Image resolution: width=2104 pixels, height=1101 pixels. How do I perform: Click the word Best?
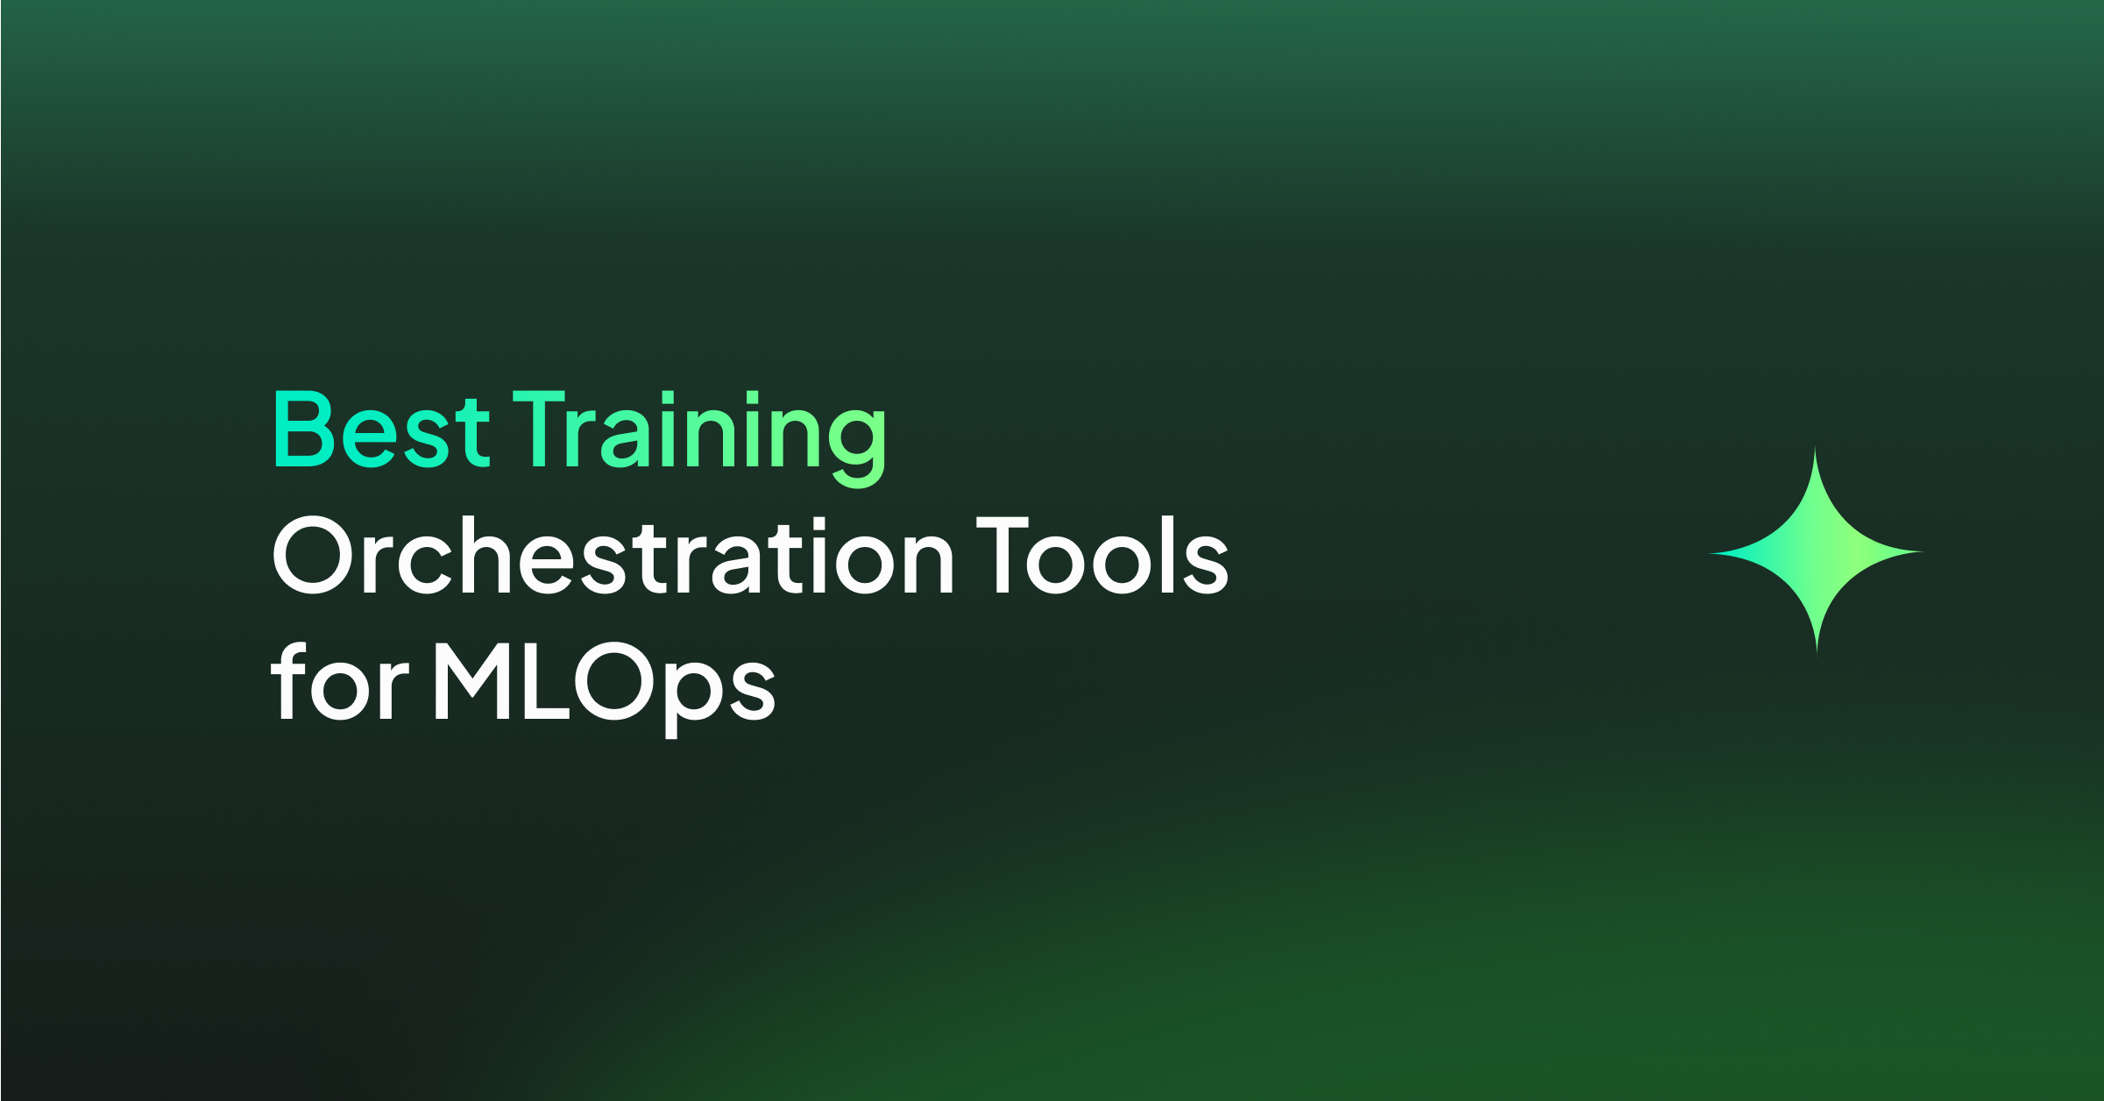coord(382,430)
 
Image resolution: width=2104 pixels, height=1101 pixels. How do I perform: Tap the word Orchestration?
coord(614,555)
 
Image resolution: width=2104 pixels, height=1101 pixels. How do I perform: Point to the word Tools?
coord(1103,555)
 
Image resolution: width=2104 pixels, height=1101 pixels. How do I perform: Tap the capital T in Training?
coord(542,430)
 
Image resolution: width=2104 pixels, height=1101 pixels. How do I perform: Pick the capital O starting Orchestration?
coord(313,555)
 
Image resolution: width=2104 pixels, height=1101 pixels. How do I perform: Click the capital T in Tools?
coord(1003,555)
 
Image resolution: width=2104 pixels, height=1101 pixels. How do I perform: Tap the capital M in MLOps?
coord(472,681)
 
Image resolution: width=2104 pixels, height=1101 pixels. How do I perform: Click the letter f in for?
coord(288,681)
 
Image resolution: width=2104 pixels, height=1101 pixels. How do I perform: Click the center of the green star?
coord(1817,552)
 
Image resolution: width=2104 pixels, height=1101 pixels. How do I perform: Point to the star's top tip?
coord(1815,446)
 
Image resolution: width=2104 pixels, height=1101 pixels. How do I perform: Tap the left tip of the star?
coord(1709,553)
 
